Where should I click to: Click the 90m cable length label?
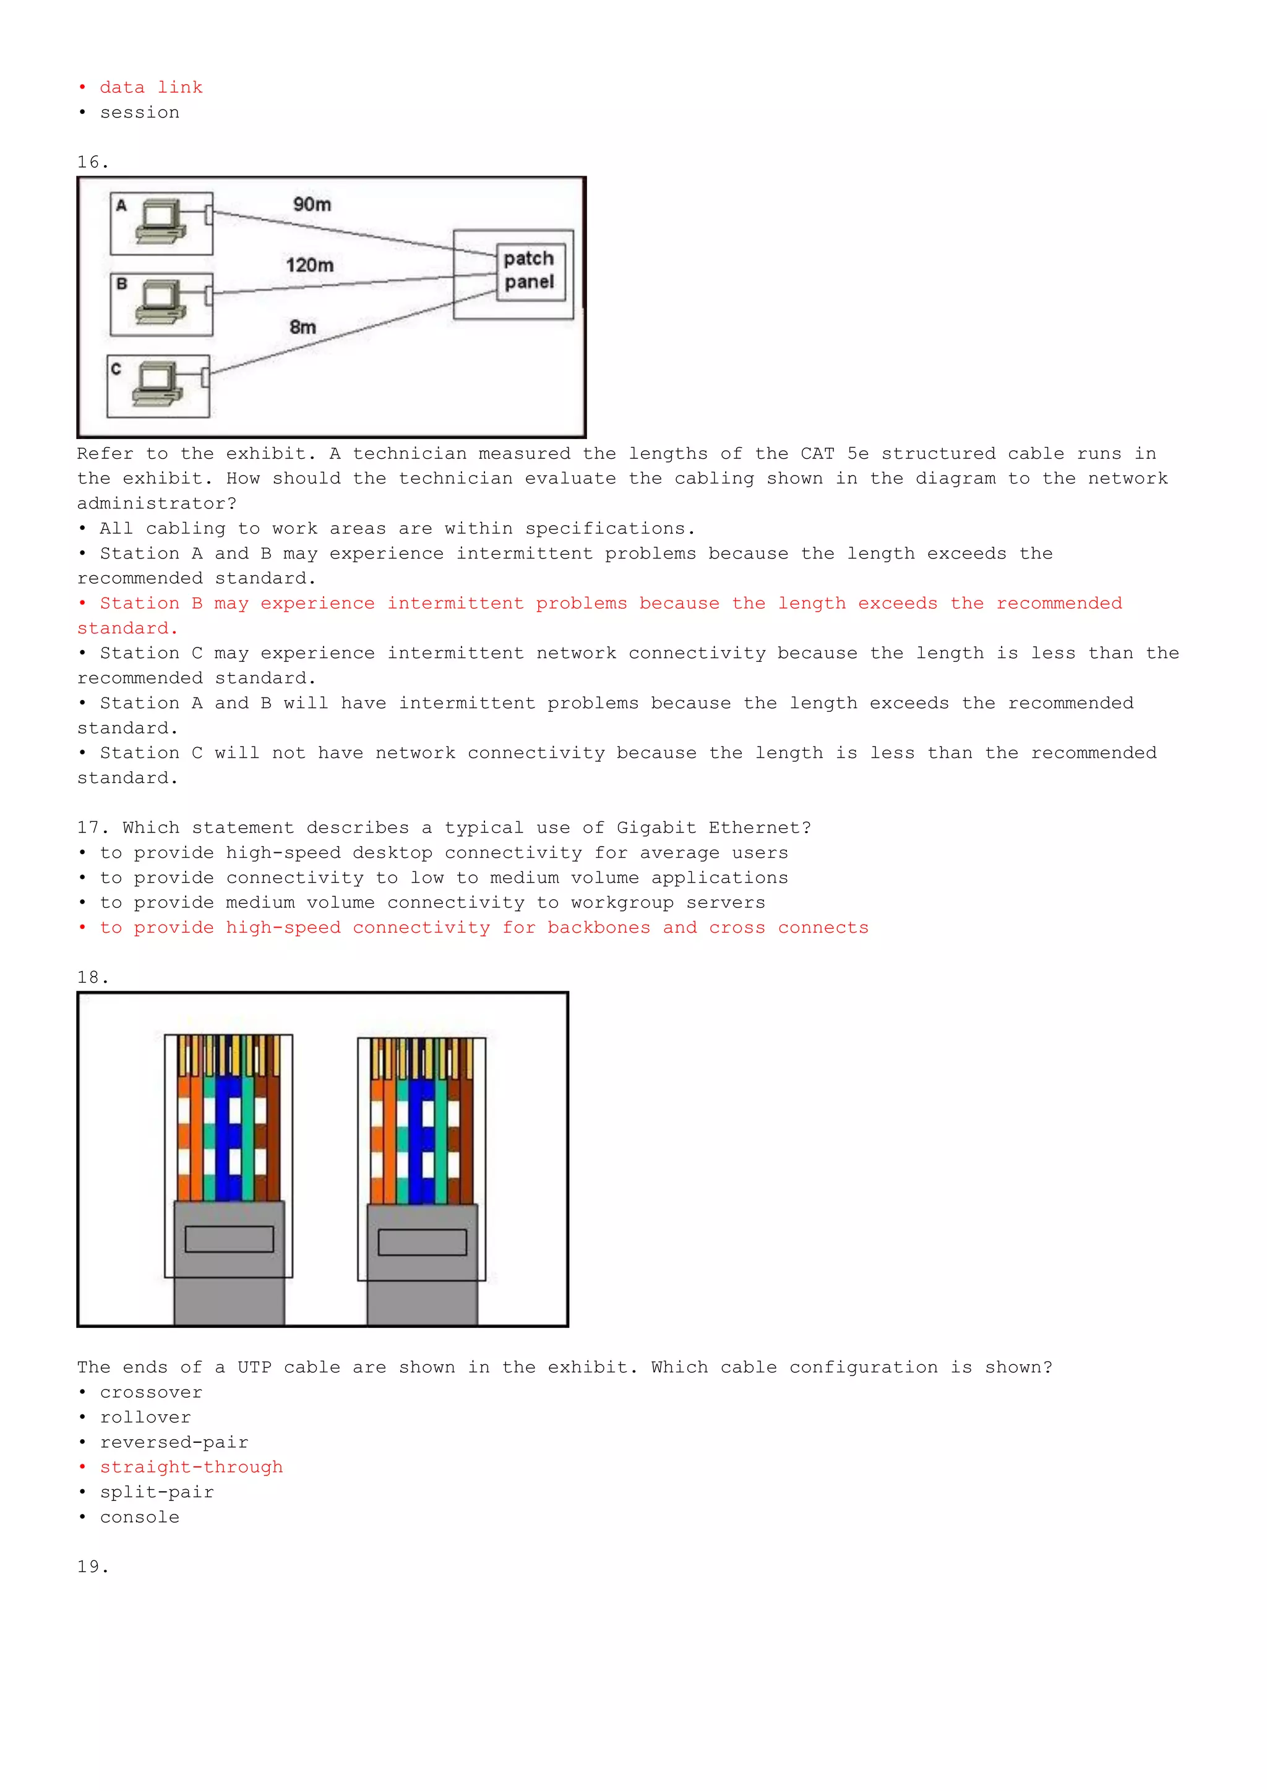pos(312,204)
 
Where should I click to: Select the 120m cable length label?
pos(310,265)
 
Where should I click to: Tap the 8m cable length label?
pos(303,327)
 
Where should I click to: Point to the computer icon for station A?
pos(161,221)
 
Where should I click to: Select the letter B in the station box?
pos(122,284)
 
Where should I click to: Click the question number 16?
pos(92,162)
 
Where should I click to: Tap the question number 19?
pos(92,1567)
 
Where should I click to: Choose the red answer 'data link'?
pos(150,87)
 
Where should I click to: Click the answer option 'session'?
pos(139,113)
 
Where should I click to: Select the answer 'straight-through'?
pos(191,1468)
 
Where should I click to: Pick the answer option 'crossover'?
pos(150,1392)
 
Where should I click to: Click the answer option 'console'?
pos(139,1517)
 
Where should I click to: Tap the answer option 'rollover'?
pos(145,1417)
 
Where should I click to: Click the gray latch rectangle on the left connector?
pos(230,1239)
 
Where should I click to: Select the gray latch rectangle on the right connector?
pos(422,1242)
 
